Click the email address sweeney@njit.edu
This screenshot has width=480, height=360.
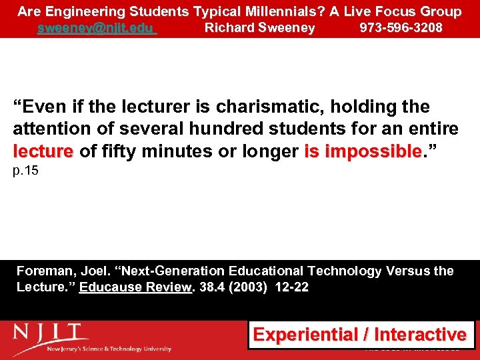click(96, 28)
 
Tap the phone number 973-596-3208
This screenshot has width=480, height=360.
click(401, 28)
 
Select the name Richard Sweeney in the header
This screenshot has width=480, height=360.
click(259, 28)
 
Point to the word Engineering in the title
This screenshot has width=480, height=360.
click(84, 11)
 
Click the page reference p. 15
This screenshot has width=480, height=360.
click(26, 171)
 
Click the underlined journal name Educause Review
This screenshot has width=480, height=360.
click(136, 287)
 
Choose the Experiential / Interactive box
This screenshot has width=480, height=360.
click(361, 334)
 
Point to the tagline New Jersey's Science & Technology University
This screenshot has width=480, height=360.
click(110, 349)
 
